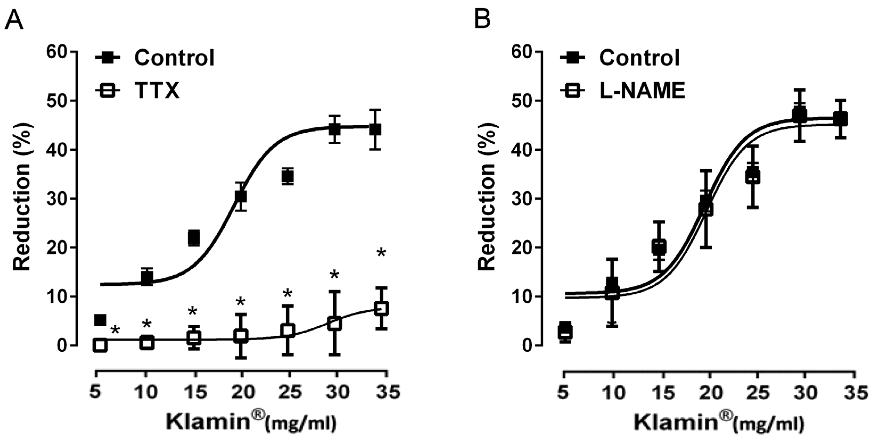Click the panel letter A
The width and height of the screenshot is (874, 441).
[x=14, y=20]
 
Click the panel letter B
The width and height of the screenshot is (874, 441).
[x=482, y=20]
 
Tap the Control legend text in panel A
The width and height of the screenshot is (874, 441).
[x=174, y=58]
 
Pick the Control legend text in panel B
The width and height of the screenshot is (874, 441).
[x=640, y=58]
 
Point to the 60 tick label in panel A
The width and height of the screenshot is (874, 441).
[x=58, y=52]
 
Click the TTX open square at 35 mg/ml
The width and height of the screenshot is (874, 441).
[x=381, y=309]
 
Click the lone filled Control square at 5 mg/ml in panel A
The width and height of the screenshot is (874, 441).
[x=100, y=320]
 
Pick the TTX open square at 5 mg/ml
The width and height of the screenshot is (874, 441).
[x=100, y=345]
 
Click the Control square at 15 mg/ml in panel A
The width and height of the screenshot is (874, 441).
[x=194, y=237]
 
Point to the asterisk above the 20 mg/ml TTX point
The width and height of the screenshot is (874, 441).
[x=241, y=301]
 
